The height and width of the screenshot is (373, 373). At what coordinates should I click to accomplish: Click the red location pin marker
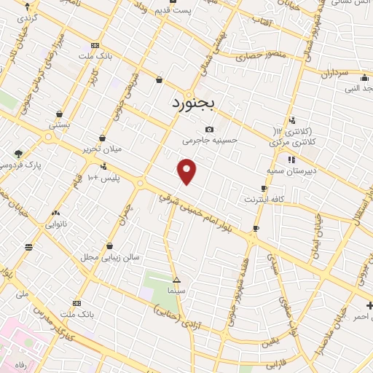[187, 170]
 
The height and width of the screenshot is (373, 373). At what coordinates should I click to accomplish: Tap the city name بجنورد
[193, 103]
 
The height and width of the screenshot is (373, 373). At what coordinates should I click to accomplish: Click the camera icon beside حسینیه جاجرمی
[210, 129]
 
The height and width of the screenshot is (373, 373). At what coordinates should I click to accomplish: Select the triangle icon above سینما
[176, 280]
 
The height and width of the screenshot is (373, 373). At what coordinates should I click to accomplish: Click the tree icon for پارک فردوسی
[18, 154]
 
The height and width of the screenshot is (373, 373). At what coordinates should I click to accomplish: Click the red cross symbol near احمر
[369, 305]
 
